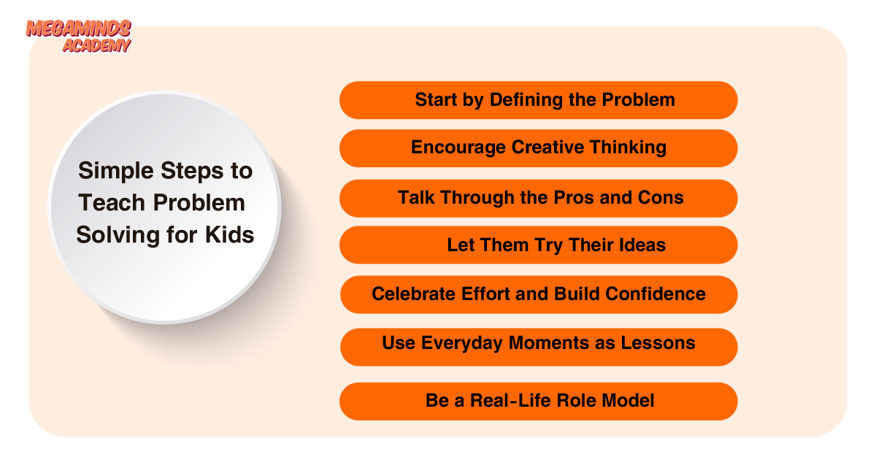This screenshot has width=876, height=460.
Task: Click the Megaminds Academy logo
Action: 78,36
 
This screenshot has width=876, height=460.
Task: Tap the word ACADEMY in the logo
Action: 96,45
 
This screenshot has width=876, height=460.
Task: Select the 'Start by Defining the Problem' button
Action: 539,100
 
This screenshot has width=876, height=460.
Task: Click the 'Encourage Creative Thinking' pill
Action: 539,148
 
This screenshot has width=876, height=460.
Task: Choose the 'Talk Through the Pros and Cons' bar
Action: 539,199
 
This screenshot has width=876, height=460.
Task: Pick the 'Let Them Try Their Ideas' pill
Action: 539,245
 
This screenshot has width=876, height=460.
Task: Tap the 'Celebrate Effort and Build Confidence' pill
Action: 539,294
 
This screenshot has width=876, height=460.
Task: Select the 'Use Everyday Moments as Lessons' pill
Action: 539,347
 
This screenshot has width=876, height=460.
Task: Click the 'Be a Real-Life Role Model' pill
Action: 539,402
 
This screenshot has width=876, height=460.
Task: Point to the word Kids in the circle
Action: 229,234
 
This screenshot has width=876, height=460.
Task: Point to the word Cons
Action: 661,198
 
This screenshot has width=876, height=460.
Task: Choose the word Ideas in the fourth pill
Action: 643,245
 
